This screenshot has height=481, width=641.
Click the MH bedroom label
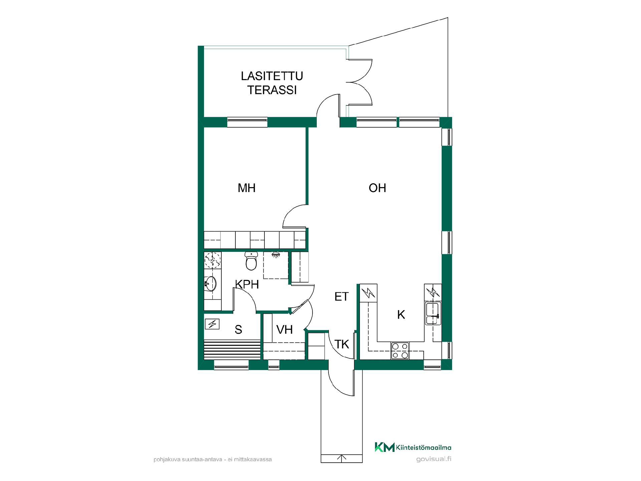coord(246,188)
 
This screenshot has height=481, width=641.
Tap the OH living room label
coord(377,188)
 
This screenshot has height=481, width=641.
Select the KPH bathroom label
coord(247,284)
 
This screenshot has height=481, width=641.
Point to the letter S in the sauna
coord(238,330)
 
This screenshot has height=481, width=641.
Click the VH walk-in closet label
coord(284,330)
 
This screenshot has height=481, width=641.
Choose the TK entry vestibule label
coord(342,344)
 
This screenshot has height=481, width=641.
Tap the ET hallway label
coord(342,297)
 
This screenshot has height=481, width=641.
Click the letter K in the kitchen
coord(401,315)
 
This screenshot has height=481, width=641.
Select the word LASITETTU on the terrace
coord(272,76)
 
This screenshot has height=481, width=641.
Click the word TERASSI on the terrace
coord(272,90)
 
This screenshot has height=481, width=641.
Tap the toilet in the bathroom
coord(251,261)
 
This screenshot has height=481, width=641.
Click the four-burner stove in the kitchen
coord(400,351)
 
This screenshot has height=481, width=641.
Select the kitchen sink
coord(433,313)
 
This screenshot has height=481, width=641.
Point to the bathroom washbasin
coord(210,284)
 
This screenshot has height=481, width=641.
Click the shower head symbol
coord(275,255)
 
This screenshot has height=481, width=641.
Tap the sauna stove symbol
coord(212,324)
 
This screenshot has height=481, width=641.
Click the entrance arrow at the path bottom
coord(341,458)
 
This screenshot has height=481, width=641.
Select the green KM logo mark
coord(385,447)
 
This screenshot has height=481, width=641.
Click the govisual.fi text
coord(434,459)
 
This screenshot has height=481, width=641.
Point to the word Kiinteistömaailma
coord(424,447)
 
